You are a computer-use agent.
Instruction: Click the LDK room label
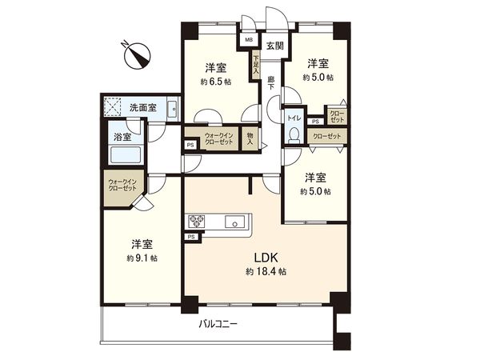[266, 258]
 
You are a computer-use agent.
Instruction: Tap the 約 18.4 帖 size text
[266, 273]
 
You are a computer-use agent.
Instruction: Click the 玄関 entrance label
[274, 46]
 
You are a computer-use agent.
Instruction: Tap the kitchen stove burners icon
[198, 222]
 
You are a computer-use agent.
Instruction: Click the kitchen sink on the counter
[238, 222]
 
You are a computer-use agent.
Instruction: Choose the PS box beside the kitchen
[191, 238]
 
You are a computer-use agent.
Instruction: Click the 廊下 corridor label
[271, 83]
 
